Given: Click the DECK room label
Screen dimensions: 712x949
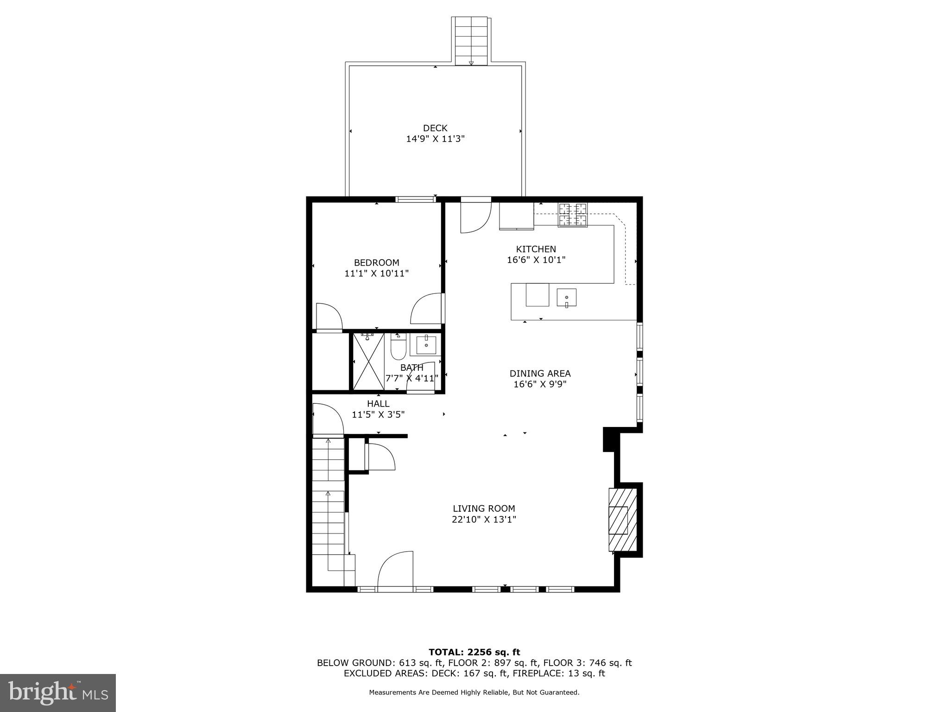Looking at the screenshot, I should (435, 128).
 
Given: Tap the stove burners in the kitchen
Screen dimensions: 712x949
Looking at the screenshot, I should (573, 215).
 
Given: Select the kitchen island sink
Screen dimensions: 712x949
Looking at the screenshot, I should (566, 298).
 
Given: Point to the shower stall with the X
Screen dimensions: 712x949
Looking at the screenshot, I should (368, 362).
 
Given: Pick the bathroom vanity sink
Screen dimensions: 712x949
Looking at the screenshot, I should (426, 345).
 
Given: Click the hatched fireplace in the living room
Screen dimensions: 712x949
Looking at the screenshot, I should (622, 519).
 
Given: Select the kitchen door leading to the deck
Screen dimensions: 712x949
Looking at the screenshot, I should (475, 216).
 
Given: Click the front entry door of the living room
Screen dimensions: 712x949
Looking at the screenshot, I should (395, 571).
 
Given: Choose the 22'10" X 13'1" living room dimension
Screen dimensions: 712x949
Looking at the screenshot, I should (484, 520).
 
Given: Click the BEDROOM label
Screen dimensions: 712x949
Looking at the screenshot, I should (376, 262).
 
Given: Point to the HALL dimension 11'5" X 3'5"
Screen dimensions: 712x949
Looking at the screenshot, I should (378, 414).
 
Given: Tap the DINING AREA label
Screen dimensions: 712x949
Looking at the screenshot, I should (540, 373).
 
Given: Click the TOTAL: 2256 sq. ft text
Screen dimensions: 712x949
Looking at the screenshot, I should (474, 652).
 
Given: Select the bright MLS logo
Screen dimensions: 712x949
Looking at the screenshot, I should (58, 693).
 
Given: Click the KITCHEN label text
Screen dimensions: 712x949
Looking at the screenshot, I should (536, 249).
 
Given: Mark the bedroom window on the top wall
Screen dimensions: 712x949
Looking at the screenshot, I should (416, 199).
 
